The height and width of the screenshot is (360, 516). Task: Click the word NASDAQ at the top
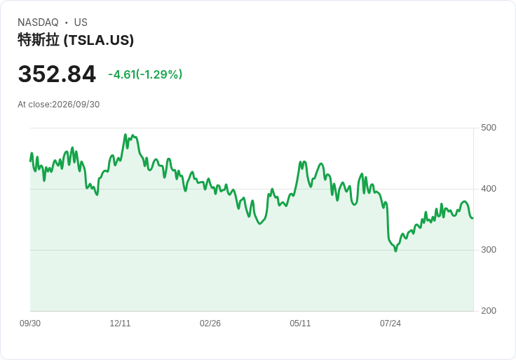38,22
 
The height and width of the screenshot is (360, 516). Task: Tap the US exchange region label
81,22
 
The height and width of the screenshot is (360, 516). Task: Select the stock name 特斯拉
39,40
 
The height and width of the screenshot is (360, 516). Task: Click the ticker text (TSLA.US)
99,40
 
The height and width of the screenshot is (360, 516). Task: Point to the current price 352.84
57,74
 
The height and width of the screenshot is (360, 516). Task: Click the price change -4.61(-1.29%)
145,74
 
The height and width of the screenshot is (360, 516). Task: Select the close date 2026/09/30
76,105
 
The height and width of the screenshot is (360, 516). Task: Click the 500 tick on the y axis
489,128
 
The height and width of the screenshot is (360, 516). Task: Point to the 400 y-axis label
489,189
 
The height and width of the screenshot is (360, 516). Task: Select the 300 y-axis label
489,250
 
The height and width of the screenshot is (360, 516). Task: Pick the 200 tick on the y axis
489,311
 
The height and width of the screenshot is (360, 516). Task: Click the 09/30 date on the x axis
30,324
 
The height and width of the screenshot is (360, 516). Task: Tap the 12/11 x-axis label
120,324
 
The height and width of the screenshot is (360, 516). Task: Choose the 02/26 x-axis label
210,324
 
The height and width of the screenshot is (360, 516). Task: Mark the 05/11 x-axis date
300,324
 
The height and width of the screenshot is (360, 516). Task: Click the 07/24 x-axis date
391,324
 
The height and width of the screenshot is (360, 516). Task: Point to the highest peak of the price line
125,134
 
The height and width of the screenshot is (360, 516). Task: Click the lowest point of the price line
395,251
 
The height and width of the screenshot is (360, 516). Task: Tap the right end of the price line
473,218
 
